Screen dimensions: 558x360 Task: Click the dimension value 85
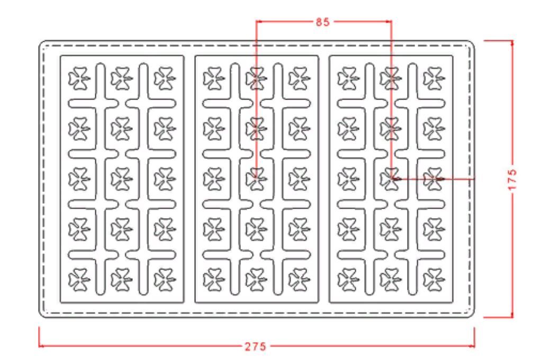click(x=323, y=22)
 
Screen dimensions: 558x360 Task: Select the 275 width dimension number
click(x=255, y=346)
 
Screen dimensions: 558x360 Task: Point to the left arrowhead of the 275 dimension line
click(x=41, y=345)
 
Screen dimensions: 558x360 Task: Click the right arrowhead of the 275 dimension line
click(x=472, y=345)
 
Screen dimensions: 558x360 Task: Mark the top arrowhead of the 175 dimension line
click(x=512, y=43)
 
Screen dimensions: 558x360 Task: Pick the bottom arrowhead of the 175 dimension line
click(x=512, y=314)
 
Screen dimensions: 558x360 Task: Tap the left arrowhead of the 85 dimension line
click(x=259, y=21)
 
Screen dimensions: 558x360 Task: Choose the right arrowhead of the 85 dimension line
click(x=389, y=21)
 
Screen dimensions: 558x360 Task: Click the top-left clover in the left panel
click(x=79, y=78)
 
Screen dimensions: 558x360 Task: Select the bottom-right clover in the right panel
click(x=434, y=280)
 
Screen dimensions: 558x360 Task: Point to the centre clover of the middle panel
click(x=256, y=179)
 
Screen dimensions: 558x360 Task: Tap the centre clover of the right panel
click(x=391, y=179)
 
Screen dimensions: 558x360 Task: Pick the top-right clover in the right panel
click(x=434, y=78)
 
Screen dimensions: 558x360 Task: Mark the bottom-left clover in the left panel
click(x=79, y=280)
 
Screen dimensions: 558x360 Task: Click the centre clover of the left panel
click(x=122, y=179)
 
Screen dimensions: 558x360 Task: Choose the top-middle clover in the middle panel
click(x=256, y=78)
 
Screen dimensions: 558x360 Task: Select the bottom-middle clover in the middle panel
click(x=256, y=280)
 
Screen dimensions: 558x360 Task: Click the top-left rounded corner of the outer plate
click(x=41, y=43)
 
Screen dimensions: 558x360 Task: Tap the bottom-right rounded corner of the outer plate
click(x=472, y=315)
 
